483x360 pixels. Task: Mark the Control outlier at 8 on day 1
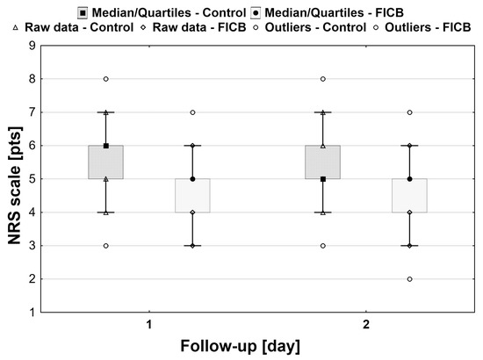tap(106, 78)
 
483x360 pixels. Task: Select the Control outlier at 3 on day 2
tap(322, 245)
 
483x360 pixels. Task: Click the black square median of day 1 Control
tap(106, 145)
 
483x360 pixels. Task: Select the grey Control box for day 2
tap(322, 162)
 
